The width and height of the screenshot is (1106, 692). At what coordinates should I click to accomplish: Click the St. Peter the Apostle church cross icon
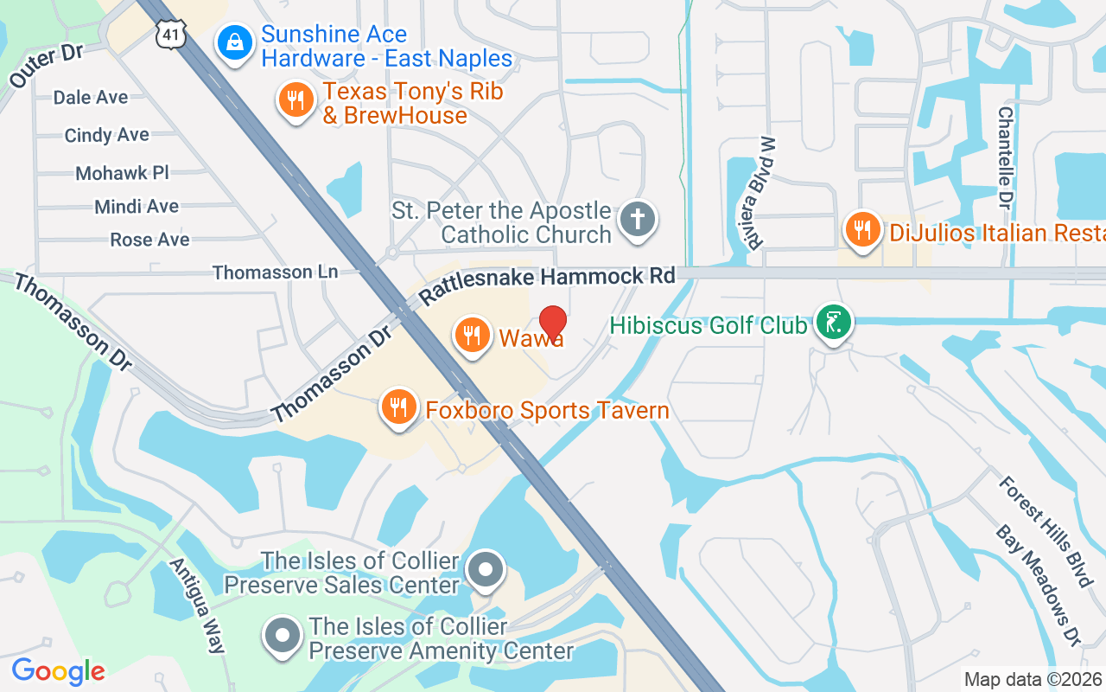coord(639,220)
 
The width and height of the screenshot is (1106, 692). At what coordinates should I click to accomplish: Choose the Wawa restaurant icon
coord(472,335)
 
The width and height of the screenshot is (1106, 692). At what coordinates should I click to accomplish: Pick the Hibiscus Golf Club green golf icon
coord(833,324)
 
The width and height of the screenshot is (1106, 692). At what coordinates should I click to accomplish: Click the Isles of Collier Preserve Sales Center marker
coord(486,571)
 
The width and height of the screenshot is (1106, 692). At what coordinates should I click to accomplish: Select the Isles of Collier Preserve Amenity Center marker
coord(282,636)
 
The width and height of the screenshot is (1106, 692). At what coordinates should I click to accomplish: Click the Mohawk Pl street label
coord(122,172)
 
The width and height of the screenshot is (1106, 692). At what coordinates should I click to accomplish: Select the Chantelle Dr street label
coord(1006,157)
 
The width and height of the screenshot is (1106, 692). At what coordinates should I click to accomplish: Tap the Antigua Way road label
coord(198,605)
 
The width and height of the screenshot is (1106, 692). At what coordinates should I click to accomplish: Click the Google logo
coord(58,671)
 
